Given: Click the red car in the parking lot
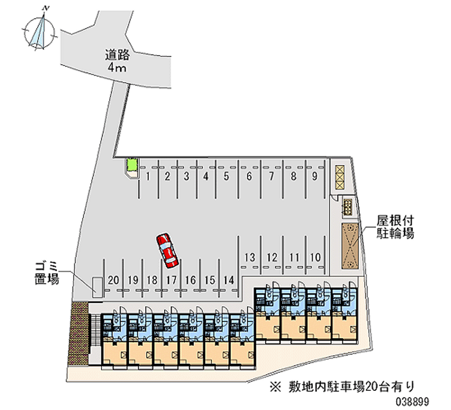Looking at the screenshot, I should pos(167,250).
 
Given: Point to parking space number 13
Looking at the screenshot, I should pos(250,257).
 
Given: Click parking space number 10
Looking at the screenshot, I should pos(315,257).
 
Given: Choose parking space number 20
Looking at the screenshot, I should pos(113,280).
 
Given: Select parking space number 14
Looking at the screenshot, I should pos(228,280).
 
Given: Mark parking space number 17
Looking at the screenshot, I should pos(171,280).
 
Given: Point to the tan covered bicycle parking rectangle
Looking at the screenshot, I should pos(350,246).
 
